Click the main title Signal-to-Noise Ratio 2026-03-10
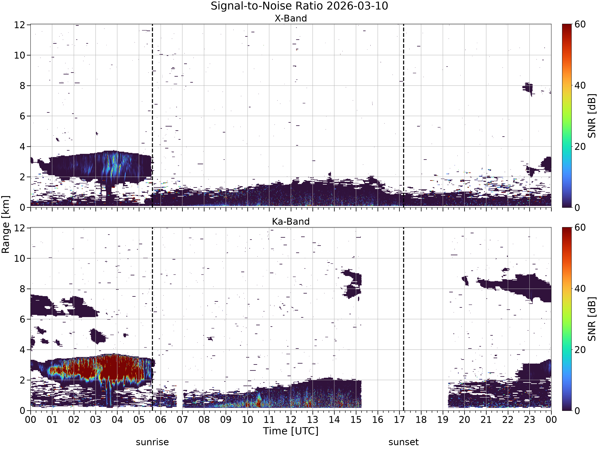[299, 6]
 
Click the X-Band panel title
[291, 18]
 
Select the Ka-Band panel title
[291, 221]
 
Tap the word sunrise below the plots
[152, 442]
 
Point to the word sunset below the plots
[404, 442]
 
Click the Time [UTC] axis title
[291, 431]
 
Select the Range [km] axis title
[5, 224]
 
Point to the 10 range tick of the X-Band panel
[20, 55]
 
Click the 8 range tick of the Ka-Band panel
[23, 289]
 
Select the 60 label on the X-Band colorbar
[580, 24]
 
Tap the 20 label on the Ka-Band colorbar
[580, 350]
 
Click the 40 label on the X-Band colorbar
[580, 86]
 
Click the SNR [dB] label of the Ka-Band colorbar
[592, 319]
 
